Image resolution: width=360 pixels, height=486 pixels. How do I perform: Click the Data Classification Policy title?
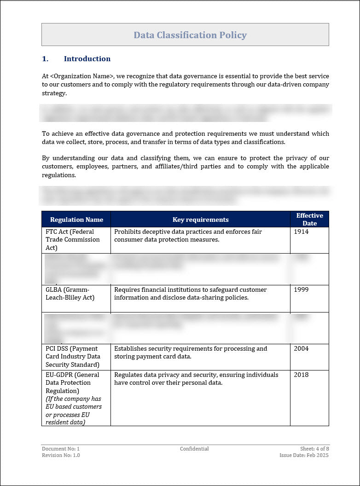point(190,35)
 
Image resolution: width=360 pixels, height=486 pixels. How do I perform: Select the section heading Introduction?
point(87,59)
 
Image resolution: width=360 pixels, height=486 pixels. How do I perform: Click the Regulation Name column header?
point(76,220)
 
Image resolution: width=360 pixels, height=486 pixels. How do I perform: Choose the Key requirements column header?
point(200,220)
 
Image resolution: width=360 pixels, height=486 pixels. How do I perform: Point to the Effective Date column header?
point(309,219)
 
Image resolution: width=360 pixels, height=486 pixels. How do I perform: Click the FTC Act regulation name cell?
point(72,240)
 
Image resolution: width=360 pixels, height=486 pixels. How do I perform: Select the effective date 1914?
point(301,232)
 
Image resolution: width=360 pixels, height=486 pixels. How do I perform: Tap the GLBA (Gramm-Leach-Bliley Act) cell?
point(70,294)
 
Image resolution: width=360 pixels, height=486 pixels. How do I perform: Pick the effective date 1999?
point(301,290)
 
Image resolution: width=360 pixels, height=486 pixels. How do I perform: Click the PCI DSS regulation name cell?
point(73,357)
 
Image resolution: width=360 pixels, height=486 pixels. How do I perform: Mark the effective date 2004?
point(301,349)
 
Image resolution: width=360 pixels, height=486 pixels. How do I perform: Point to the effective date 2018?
point(301,375)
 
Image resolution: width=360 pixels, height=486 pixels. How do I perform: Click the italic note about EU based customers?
point(74,411)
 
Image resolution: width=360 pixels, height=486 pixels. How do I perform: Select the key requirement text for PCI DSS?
point(191,353)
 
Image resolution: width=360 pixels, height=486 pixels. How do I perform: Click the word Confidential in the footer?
point(194,449)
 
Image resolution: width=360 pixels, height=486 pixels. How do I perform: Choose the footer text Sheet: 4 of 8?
point(314,449)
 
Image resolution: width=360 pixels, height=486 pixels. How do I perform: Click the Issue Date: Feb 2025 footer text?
point(304,455)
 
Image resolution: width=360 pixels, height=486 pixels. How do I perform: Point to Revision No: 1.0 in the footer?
point(61,455)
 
